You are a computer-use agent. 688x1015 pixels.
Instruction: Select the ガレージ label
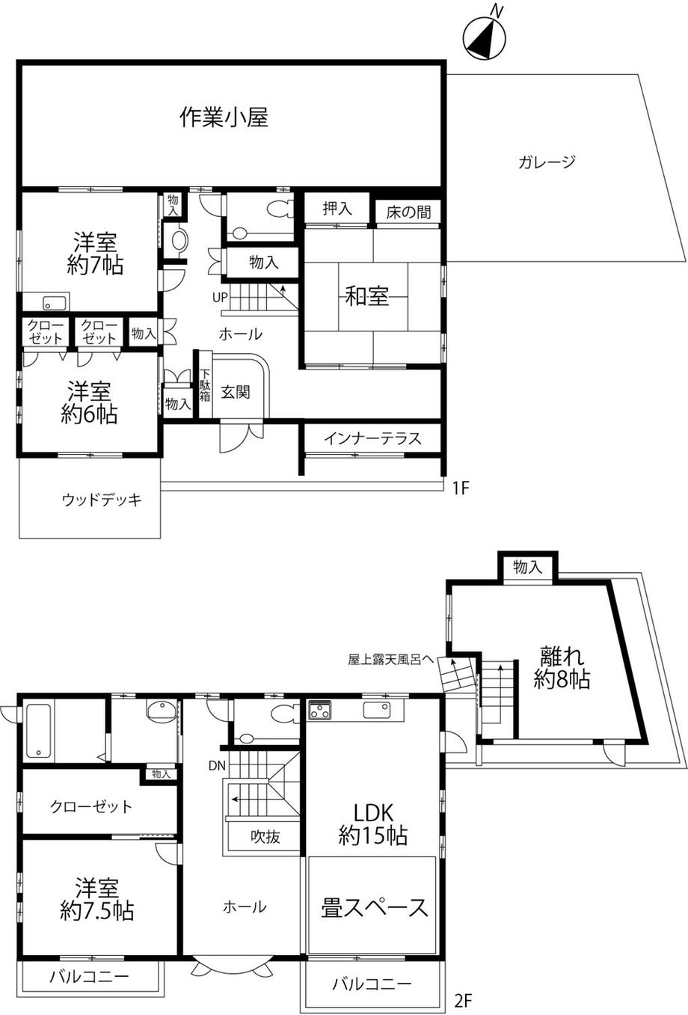pyautogui.click(x=547, y=162)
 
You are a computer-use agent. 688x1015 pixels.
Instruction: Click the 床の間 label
pyautogui.click(x=408, y=212)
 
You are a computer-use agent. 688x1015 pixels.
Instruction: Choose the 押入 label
pyautogui.click(x=337, y=208)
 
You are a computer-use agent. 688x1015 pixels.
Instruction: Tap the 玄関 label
pyautogui.click(x=236, y=392)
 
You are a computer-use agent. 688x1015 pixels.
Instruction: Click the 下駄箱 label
pyautogui.click(x=205, y=386)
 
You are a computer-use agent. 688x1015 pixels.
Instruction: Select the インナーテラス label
pyautogui.click(x=372, y=438)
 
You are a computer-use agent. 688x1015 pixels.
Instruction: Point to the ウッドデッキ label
pyautogui.click(x=102, y=500)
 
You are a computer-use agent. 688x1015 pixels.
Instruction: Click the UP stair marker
pyautogui.click(x=220, y=298)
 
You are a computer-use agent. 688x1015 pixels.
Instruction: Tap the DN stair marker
pyautogui.click(x=217, y=766)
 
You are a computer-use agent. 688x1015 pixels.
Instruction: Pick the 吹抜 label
pyautogui.click(x=265, y=837)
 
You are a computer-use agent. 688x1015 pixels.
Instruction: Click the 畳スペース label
pyautogui.click(x=374, y=907)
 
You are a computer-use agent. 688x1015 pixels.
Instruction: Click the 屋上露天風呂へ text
pyautogui.click(x=390, y=659)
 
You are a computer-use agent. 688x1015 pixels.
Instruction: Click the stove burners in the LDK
pyautogui.click(x=320, y=711)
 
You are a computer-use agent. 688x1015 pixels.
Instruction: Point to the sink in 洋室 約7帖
pyautogui.click(x=57, y=302)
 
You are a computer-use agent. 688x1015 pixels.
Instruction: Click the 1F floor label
pyautogui.click(x=460, y=488)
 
